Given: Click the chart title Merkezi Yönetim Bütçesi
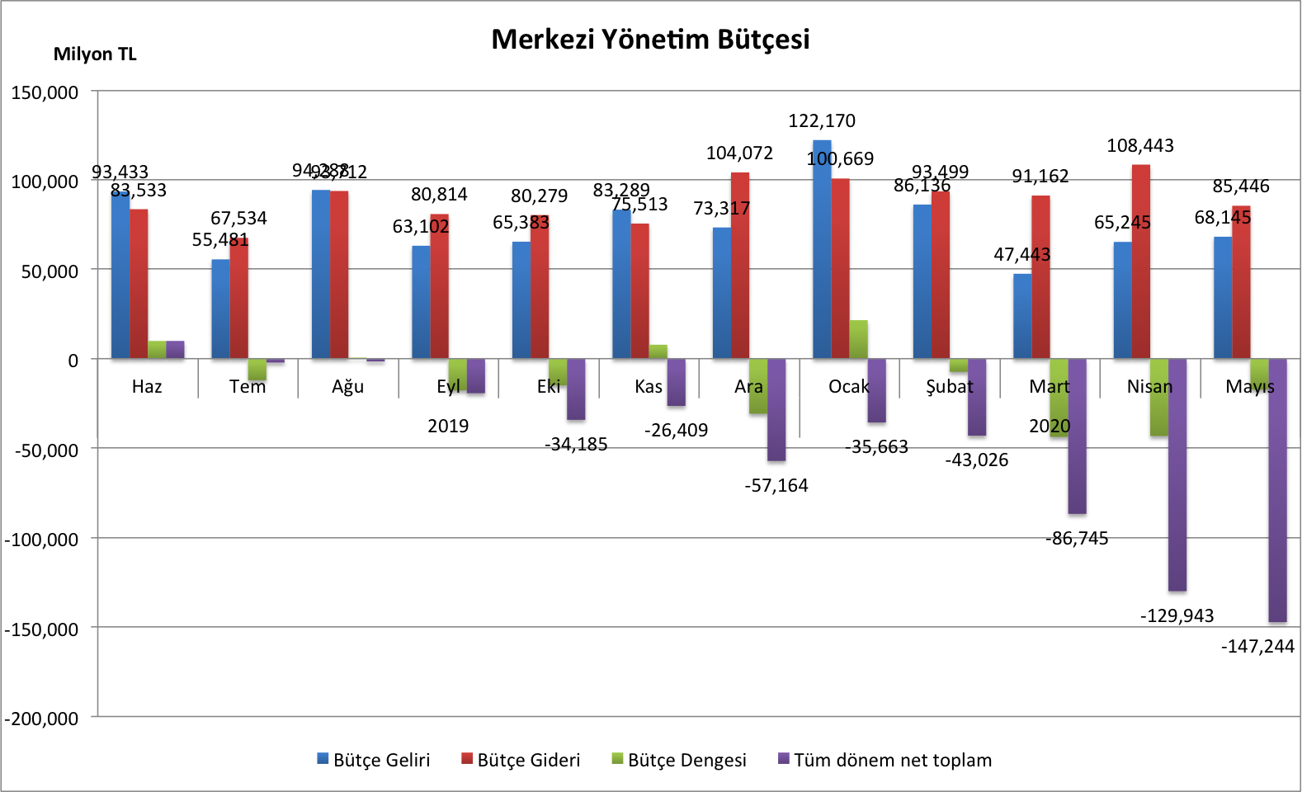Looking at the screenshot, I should pyautogui.click(x=650, y=40).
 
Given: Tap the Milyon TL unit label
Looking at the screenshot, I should pyautogui.click(x=95, y=54).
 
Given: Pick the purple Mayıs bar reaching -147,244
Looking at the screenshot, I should pyautogui.click(x=1277, y=490).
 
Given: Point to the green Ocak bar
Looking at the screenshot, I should pyautogui.click(x=858, y=339).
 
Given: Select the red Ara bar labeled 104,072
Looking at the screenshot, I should pyautogui.click(x=740, y=265).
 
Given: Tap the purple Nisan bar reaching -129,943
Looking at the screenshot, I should pyautogui.click(x=1177, y=474).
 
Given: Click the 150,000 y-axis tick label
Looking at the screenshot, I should pyautogui.click(x=45, y=92).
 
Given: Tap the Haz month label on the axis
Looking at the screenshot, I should pyautogui.click(x=147, y=386).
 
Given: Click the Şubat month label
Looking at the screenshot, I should pyautogui.click(x=949, y=386).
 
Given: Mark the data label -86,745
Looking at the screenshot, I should pyautogui.click(x=1077, y=539).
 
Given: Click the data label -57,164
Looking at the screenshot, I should pyautogui.click(x=776, y=485).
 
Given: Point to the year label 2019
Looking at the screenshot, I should pyautogui.click(x=448, y=426).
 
